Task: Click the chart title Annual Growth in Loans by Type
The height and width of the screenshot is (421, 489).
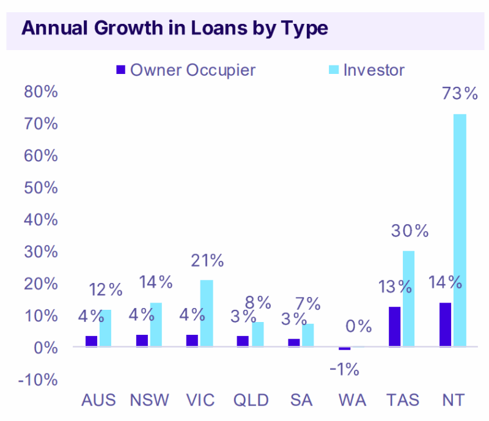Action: pos(175,28)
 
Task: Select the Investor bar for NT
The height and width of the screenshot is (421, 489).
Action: pos(460,230)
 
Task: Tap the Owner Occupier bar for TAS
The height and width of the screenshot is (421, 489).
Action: pos(395,327)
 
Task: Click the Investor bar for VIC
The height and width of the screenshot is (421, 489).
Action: pos(207,313)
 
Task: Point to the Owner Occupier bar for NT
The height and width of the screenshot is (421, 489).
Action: pos(445,325)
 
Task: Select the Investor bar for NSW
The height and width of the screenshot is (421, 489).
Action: pos(156,325)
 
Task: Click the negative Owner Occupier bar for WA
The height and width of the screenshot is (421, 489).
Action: pos(345,349)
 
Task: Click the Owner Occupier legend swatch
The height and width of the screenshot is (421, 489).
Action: pos(120,70)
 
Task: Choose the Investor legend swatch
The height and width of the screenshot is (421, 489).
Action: pos(333,70)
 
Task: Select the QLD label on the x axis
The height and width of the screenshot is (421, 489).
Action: pos(251,400)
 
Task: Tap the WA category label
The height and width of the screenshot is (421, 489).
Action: pos(353,400)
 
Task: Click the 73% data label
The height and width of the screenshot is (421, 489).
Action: pos(459,93)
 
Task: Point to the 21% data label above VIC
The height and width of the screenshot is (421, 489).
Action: pos(207,260)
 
